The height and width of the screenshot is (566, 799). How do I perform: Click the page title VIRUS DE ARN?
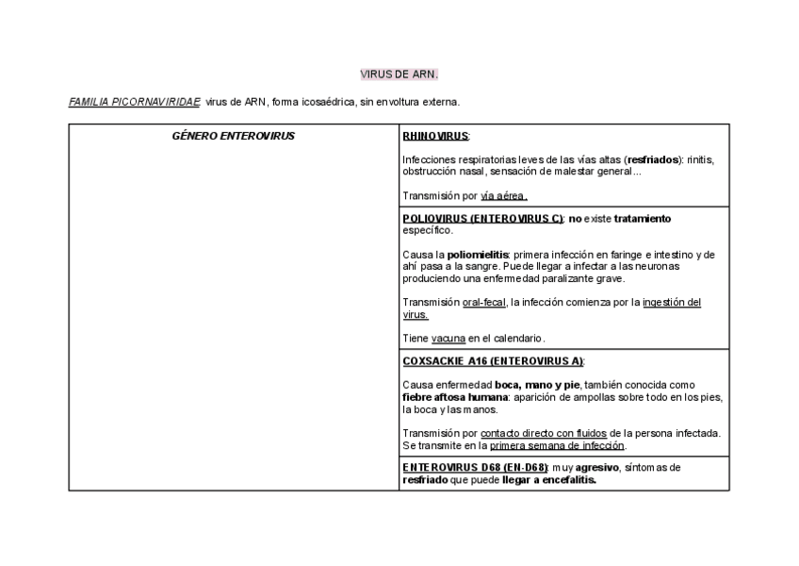pyautogui.click(x=399, y=74)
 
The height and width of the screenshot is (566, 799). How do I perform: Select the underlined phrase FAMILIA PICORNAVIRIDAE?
pyautogui.click(x=134, y=102)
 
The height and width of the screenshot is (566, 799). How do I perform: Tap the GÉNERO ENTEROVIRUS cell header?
pyautogui.click(x=234, y=136)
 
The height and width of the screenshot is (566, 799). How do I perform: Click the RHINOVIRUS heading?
pyautogui.click(x=435, y=136)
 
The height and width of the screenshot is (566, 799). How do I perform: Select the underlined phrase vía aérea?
pyautogui.click(x=503, y=196)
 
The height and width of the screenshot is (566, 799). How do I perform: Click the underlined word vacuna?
pyautogui.click(x=448, y=339)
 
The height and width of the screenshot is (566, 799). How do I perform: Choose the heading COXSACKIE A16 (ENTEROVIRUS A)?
pyautogui.click(x=493, y=361)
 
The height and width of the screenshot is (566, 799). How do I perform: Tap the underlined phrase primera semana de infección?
pyautogui.click(x=557, y=445)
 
